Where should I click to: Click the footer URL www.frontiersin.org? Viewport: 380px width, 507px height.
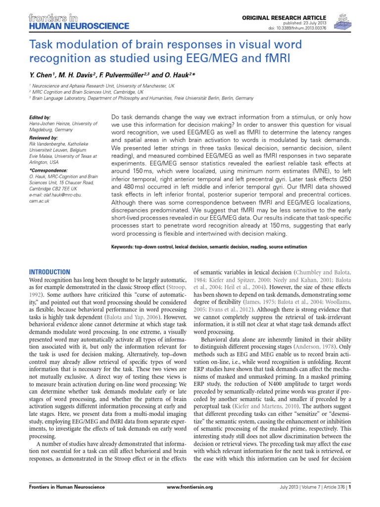tap(190, 487)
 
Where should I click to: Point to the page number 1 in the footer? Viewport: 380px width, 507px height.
tap(350, 487)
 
